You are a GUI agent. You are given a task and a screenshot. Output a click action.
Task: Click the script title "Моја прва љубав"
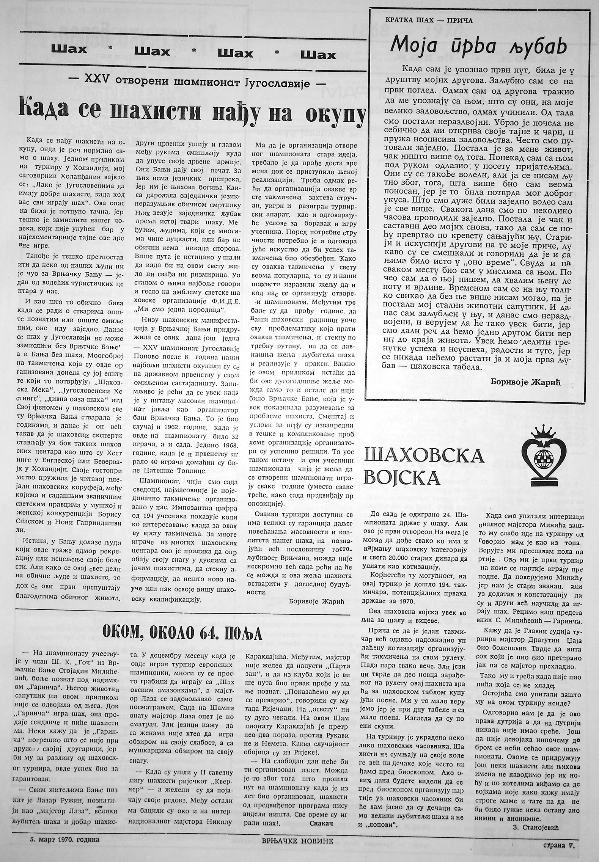(x=479, y=48)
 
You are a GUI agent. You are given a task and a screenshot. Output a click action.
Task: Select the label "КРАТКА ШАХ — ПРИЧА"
(x=429, y=20)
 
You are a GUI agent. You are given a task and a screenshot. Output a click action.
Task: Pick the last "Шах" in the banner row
(x=318, y=55)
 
